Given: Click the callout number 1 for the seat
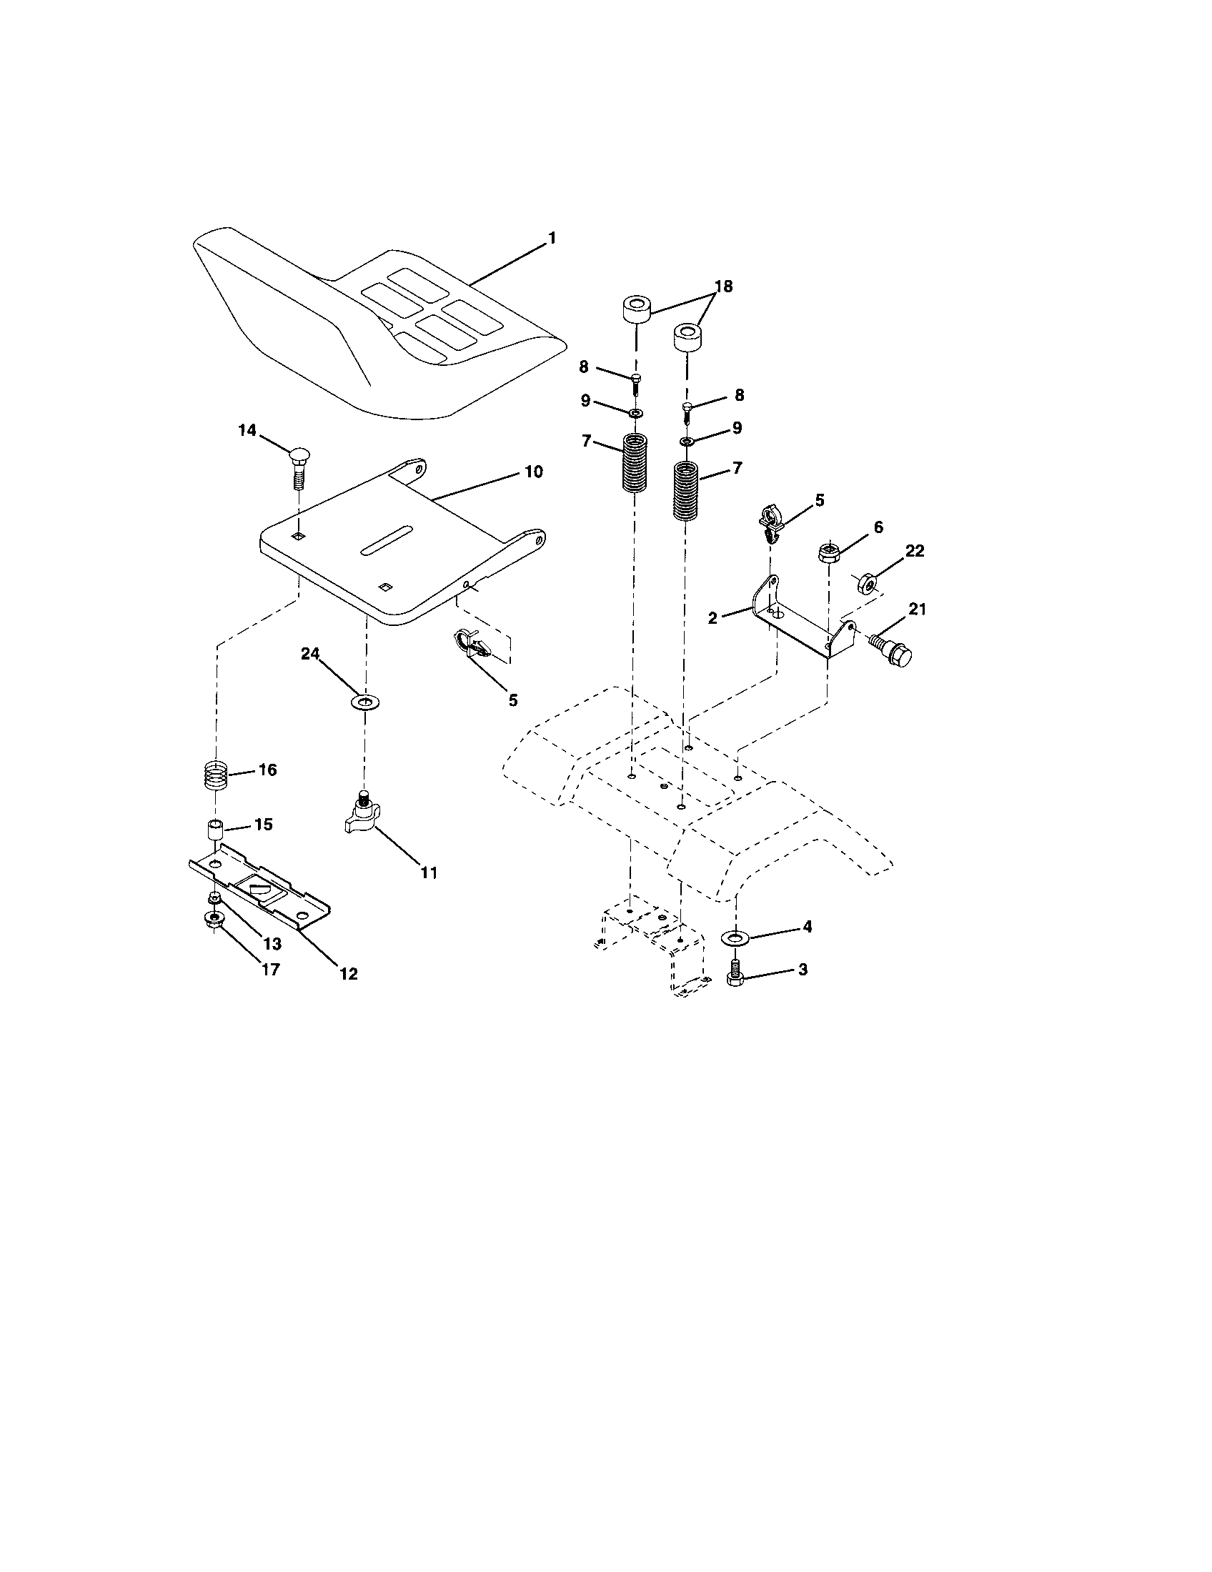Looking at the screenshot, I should coord(552,238).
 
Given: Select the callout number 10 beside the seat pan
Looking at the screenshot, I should coord(533,472).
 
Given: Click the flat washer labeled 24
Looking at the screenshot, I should coord(367,701).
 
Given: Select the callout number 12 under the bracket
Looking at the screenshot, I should coord(348,974).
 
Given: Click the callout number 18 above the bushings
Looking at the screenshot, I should coord(723,287).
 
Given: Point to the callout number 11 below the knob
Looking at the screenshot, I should coord(428,872).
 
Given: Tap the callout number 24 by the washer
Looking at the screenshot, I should coord(310,654).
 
